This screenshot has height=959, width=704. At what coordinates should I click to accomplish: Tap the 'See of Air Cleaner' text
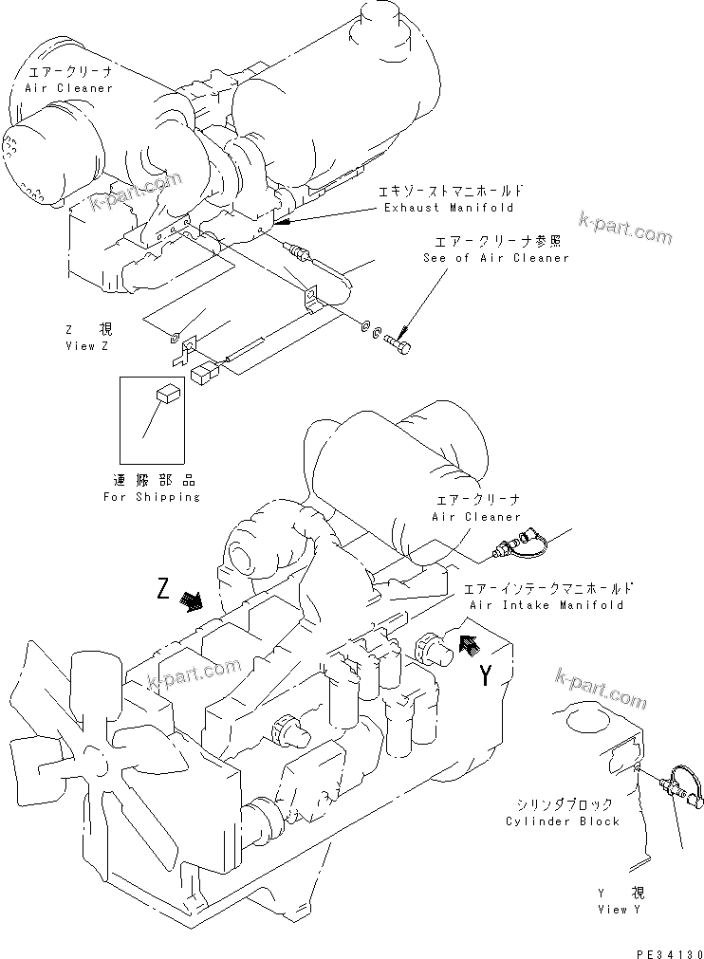495,258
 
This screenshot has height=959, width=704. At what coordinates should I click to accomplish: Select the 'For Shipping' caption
152,497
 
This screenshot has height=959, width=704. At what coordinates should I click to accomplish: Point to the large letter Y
485,676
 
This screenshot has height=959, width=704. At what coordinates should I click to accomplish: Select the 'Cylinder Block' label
563,821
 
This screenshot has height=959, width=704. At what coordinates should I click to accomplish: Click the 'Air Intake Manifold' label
547,604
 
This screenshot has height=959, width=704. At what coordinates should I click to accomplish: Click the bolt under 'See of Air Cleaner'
400,341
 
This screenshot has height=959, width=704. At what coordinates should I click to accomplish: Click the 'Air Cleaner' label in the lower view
476,517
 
